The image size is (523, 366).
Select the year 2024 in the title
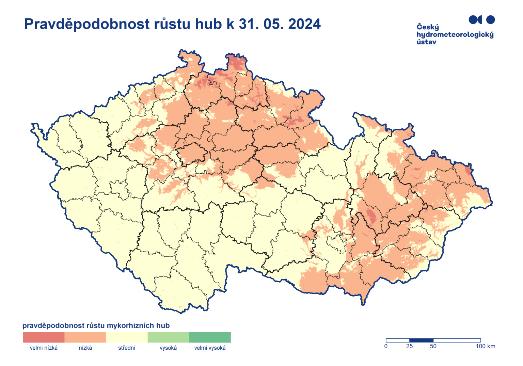304,24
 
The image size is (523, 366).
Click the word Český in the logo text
428,27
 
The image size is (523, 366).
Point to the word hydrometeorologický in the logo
455,35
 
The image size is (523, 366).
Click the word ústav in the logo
426,42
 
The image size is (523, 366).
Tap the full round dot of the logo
490,20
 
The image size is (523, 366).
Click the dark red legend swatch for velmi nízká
44,337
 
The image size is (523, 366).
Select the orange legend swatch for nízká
85,337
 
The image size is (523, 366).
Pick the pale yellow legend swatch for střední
127,337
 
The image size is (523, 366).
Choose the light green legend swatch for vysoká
168,337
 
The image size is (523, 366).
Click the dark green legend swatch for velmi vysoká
210,337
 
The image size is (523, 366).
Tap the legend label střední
127,348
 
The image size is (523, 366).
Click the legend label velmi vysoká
210,348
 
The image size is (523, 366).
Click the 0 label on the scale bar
386,347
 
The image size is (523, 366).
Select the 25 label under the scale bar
409,347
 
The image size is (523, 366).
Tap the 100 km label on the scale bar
486,347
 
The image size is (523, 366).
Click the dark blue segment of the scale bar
421,340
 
